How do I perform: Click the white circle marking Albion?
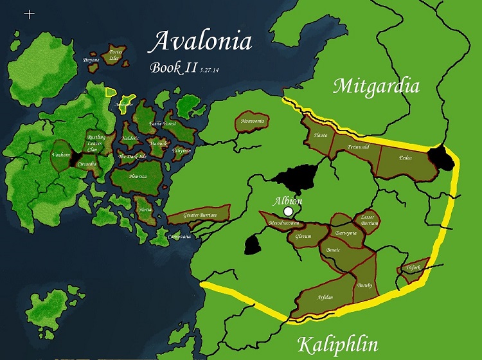(x=289, y=212)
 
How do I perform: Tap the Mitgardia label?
(x=376, y=85)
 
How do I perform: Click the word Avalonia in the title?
(x=200, y=42)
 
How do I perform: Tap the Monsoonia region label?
(x=251, y=121)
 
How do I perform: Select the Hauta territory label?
(x=321, y=136)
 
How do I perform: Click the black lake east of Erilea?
(x=442, y=156)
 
